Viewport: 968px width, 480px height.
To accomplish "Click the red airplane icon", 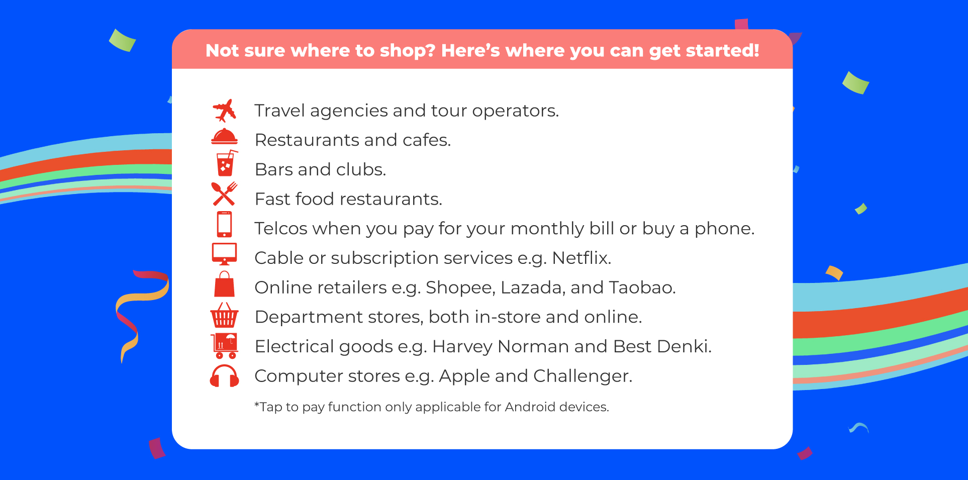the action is pos(224,110).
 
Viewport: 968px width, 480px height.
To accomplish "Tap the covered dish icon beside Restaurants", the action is pos(224,137).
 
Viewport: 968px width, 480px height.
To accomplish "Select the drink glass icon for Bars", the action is pos(226,163).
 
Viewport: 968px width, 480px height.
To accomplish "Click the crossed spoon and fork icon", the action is pos(224,194).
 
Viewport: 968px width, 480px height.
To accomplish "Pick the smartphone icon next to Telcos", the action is pos(224,224).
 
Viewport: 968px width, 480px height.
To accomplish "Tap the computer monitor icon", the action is pos(224,254).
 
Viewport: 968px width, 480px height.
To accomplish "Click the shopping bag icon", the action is pos(224,284).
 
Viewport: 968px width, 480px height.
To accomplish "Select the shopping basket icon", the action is pos(224,315).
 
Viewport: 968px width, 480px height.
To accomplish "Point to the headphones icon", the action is pos(224,376).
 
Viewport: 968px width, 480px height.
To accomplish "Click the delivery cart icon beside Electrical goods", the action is pos(225,346).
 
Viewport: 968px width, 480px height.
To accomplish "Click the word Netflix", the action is pos(582,258).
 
